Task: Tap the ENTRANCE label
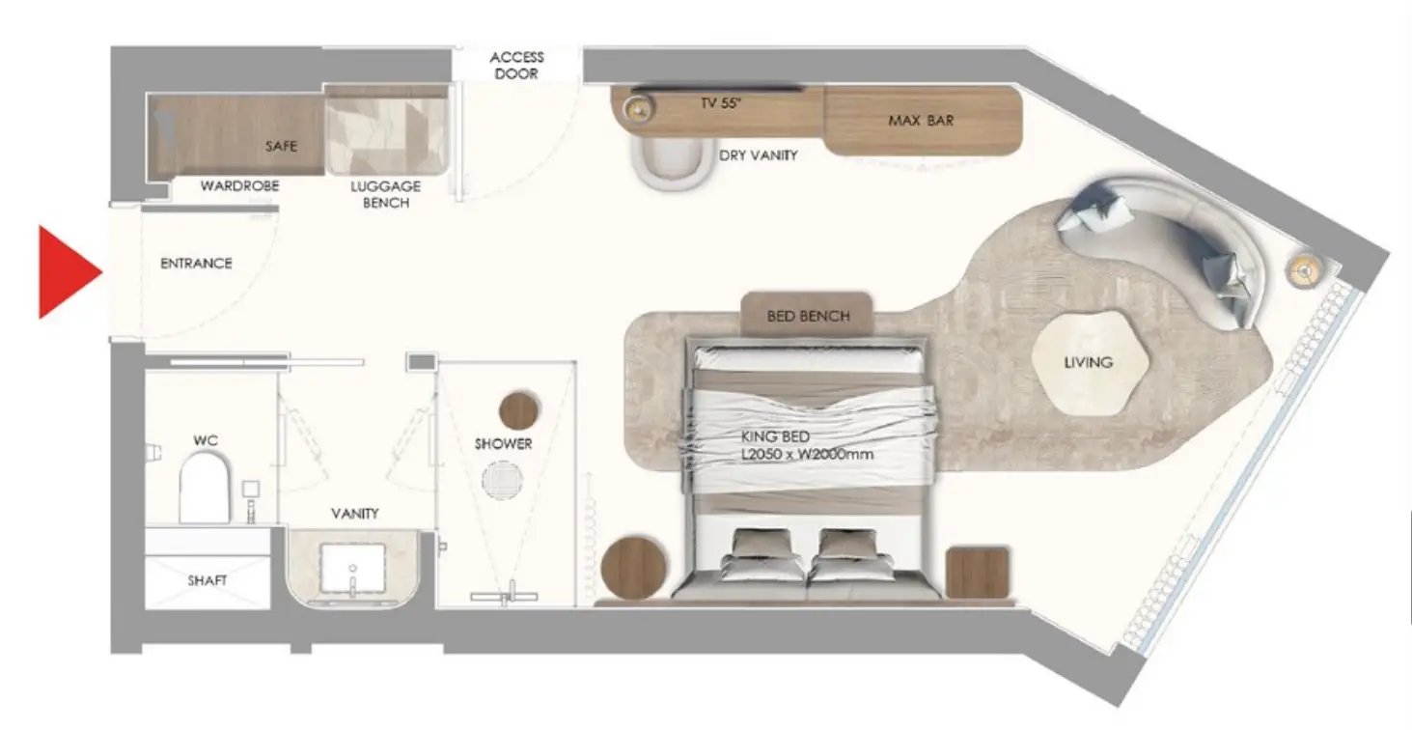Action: click(x=196, y=264)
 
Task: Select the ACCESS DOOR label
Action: click(x=516, y=66)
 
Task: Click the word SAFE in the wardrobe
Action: click(x=281, y=146)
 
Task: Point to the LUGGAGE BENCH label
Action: click(x=386, y=194)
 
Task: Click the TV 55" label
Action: click(x=721, y=102)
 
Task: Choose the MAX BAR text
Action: click(x=921, y=121)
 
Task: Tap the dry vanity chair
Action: click(x=670, y=163)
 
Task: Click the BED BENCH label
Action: click(x=808, y=316)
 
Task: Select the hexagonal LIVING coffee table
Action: click(x=1091, y=362)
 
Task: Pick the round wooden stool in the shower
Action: click(x=518, y=410)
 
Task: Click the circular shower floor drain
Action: click(x=503, y=480)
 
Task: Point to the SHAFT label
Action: click(x=208, y=580)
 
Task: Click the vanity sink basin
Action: click(x=352, y=569)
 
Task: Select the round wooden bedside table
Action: click(x=633, y=568)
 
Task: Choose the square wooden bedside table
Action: click(x=978, y=573)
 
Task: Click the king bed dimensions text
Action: click(x=807, y=454)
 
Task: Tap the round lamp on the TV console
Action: click(x=639, y=110)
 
